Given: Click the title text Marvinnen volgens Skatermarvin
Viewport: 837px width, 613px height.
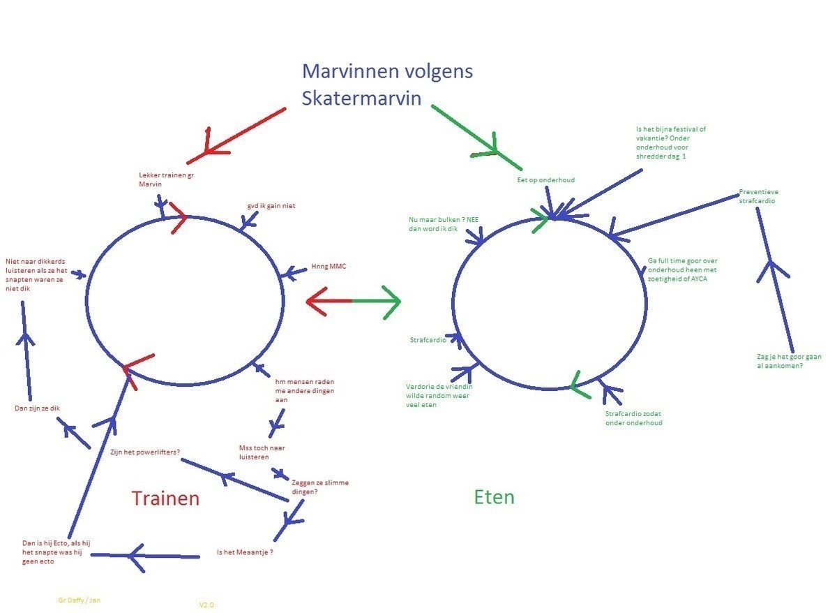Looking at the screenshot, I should [x=387, y=84].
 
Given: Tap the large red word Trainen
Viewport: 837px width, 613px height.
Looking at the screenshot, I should [x=165, y=498].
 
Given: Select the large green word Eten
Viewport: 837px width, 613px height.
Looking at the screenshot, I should [x=494, y=496].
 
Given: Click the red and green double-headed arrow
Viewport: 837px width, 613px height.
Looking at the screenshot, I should [x=353, y=302].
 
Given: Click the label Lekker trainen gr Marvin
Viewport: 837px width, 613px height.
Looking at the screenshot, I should [x=166, y=179].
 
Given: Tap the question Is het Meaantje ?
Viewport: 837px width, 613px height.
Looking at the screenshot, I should [x=244, y=552].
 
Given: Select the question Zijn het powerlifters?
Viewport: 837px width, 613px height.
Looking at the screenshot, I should [x=145, y=452].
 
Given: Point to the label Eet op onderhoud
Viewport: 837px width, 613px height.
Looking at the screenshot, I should [x=545, y=180].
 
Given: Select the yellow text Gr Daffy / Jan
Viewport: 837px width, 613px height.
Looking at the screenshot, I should [x=80, y=600].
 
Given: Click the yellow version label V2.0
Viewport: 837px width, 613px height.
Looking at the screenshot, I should [x=206, y=605].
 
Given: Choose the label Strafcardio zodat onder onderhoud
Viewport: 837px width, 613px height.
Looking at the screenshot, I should [x=633, y=418].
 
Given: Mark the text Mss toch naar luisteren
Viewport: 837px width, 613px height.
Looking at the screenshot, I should [x=262, y=452].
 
